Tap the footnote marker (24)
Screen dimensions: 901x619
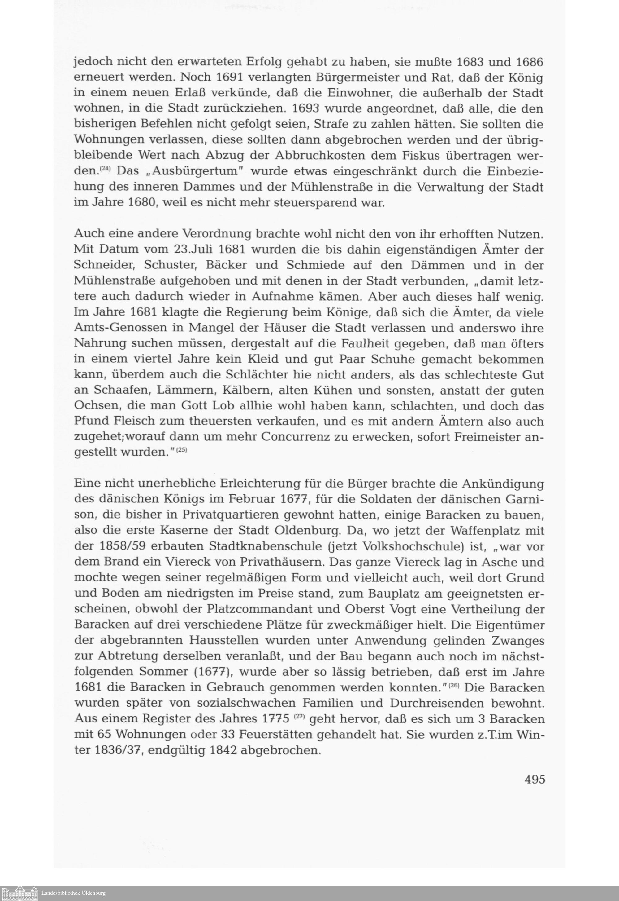106,169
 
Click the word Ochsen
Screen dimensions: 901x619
93,406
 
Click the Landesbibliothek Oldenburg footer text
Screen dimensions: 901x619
74,893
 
